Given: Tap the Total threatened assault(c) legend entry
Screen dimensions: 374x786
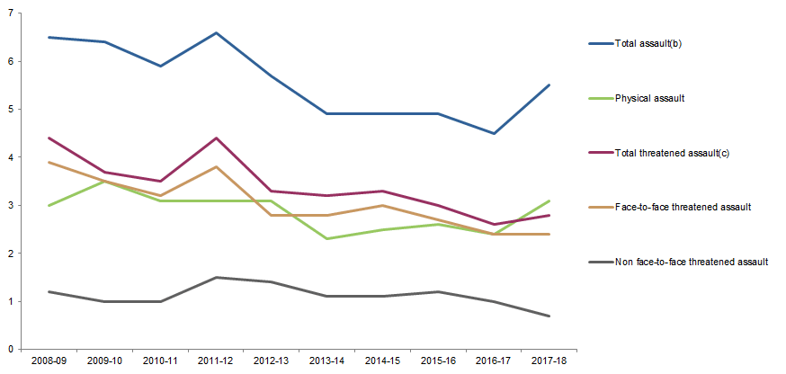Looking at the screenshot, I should click(x=671, y=153).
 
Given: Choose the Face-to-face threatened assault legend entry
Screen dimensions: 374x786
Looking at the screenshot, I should click(x=683, y=207).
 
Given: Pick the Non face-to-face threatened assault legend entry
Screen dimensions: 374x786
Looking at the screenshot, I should click(x=691, y=262).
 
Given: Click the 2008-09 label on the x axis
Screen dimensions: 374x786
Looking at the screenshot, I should click(x=48, y=361).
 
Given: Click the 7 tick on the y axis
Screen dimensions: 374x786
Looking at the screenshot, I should click(x=9, y=13).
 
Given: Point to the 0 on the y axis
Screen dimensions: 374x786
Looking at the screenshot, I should click(x=9, y=349).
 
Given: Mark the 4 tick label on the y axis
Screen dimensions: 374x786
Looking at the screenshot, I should click(x=9, y=157).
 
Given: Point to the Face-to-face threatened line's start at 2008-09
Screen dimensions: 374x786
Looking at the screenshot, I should click(x=48, y=162).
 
